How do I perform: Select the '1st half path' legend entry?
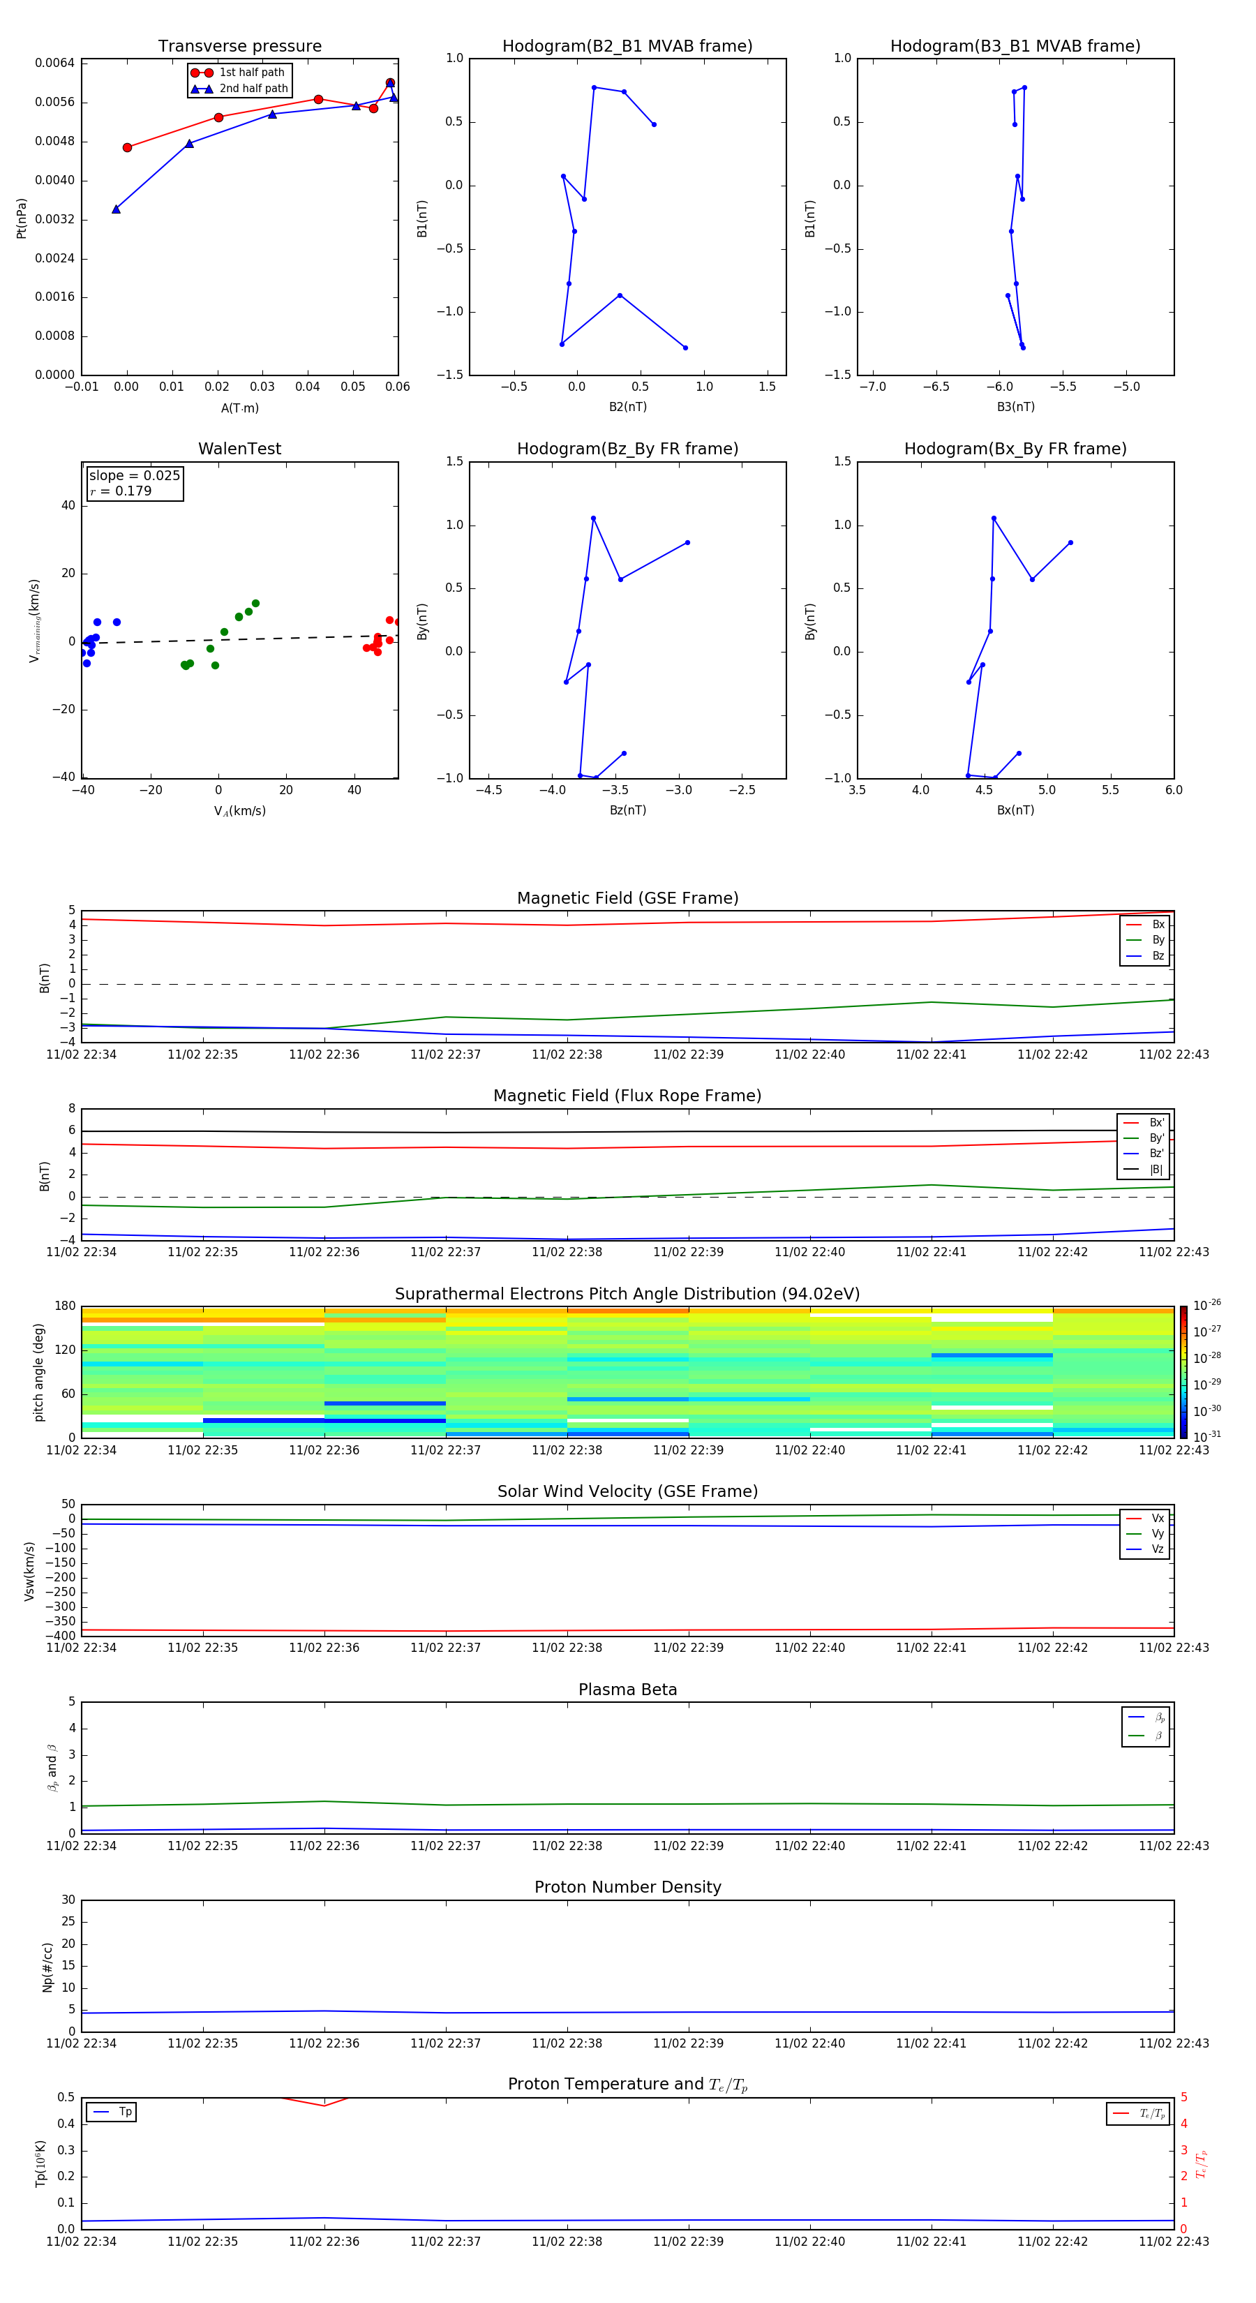(x=251, y=73)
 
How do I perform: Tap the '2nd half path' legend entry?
(x=253, y=89)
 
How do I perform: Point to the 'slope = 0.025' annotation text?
(x=134, y=476)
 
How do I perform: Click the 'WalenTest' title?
(x=239, y=449)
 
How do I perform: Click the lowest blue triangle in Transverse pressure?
(x=117, y=209)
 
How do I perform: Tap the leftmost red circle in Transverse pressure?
(x=127, y=147)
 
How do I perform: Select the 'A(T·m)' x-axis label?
(x=239, y=408)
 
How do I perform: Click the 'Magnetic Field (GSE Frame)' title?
(x=627, y=898)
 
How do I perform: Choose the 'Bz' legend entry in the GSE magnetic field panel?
(x=1158, y=955)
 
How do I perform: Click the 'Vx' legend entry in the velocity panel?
(x=1157, y=1518)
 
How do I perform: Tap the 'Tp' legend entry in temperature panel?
(x=124, y=2112)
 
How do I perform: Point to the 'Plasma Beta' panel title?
(x=627, y=1690)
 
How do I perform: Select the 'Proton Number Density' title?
(x=627, y=1887)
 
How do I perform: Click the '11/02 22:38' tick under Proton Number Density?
(x=567, y=2043)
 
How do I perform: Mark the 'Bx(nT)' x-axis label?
(x=1015, y=810)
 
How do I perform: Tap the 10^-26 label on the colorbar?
(x=1207, y=1305)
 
